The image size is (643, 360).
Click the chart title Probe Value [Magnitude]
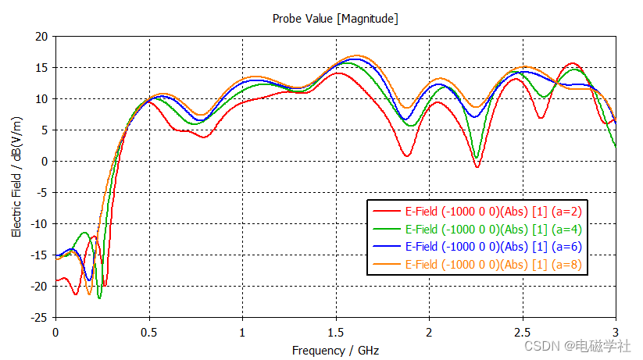coord(335,18)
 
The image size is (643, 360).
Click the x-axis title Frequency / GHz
coord(335,350)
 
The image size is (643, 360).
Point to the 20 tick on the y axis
coord(41,37)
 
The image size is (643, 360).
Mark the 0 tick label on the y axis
coord(45,162)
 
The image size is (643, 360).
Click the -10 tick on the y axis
coord(40,224)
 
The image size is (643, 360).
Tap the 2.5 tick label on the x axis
coord(523,331)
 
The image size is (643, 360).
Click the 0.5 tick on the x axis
coord(148,331)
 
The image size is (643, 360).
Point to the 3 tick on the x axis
coord(616,331)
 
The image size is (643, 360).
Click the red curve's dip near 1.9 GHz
coord(407,156)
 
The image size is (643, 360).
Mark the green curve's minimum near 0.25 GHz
coord(99,298)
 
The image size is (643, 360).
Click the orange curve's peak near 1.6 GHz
coord(357,55)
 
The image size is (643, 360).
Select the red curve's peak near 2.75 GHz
coord(573,63)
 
